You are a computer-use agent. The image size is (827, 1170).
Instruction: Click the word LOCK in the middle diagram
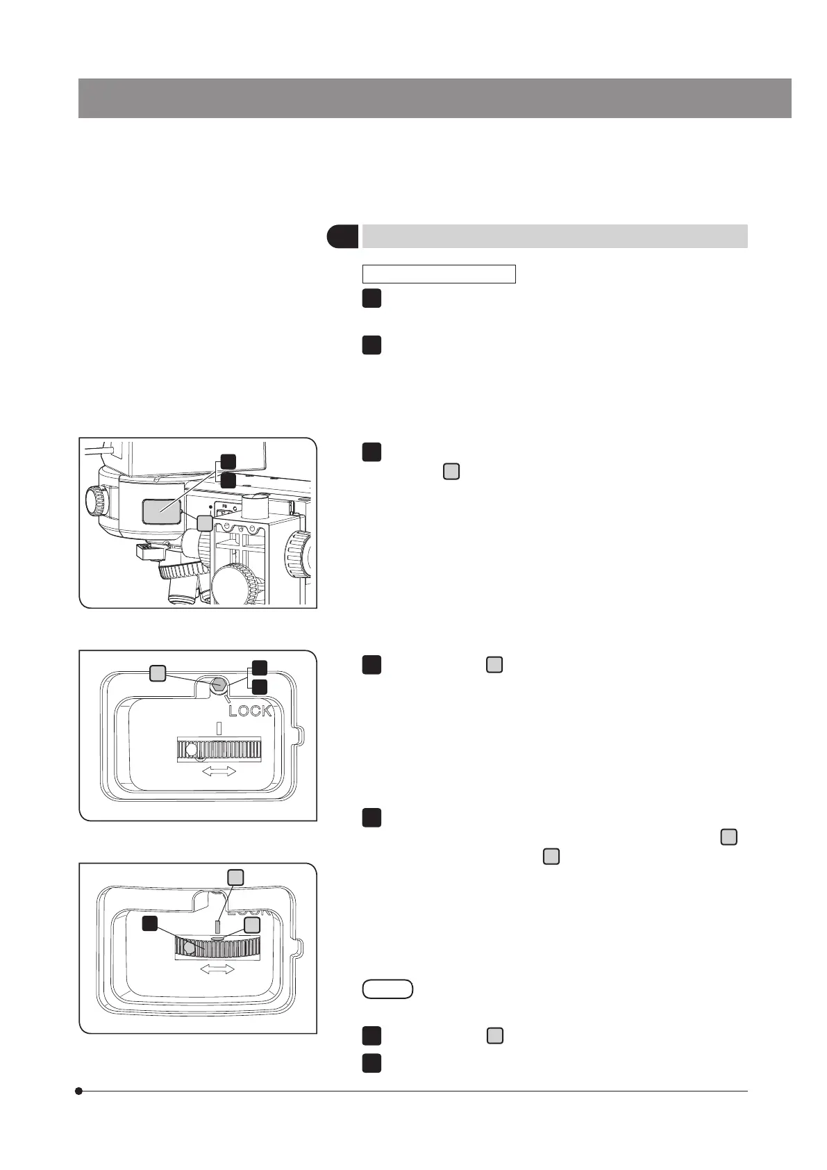pos(250,711)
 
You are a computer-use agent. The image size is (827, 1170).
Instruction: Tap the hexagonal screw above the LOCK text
pos(219,684)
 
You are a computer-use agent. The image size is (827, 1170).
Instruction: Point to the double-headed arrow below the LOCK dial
pos(218,771)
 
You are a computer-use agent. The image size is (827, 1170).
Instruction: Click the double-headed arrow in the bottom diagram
pos(217,970)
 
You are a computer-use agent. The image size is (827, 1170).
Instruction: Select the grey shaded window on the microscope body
pos(161,511)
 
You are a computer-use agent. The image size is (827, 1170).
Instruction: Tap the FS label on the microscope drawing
pos(224,506)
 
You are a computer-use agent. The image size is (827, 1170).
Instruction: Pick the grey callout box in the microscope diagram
pos(205,523)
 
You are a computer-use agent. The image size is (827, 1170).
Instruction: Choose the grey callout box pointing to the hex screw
pos(158,671)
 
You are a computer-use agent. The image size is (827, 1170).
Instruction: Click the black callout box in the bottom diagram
pos(149,923)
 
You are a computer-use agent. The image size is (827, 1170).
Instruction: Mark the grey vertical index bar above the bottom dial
pos(218,926)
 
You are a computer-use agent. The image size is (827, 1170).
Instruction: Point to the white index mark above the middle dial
pos(219,728)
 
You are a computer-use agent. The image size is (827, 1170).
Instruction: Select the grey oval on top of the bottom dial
pos(217,937)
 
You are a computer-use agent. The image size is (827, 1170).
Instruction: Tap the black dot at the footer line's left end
pos(79,1091)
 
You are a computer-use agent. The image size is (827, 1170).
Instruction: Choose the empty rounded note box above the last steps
pos(387,989)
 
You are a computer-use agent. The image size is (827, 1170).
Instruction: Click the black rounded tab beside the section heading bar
pos(342,236)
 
